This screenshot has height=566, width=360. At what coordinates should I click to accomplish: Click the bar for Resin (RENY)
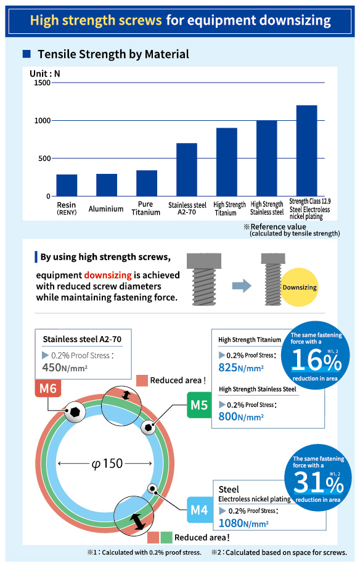(67, 185)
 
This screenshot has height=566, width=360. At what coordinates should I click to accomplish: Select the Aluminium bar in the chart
(107, 185)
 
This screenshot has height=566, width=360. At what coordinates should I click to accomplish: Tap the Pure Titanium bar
(147, 183)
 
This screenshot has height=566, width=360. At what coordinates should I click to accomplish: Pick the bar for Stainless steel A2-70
(187, 170)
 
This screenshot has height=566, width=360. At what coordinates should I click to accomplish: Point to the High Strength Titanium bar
(227, 162)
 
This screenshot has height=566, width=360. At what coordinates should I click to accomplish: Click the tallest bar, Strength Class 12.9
(307, 151)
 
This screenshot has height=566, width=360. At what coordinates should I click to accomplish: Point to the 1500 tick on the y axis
(42, 83)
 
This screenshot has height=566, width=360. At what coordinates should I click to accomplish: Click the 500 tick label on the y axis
(44, 158)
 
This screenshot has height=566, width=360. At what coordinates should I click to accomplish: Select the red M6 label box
(48, 388)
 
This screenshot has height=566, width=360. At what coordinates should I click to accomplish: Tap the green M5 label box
(199, 405)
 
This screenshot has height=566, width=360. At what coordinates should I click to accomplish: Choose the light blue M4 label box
(199, 510)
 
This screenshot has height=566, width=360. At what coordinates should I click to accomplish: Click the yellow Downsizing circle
(300, 287)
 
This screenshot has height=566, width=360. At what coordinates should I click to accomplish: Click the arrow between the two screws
(242, 286)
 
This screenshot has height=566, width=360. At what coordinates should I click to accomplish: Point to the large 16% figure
(316, 360)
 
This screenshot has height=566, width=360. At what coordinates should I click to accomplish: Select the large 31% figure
(318, 482)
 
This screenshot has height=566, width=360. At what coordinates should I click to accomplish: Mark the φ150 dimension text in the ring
(107, 464)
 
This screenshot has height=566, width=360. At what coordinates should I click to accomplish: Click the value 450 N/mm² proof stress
(65, 367)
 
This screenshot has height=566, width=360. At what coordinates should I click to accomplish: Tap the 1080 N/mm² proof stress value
(243, 523)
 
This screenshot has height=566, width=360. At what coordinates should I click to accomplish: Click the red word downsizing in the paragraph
(108, 275)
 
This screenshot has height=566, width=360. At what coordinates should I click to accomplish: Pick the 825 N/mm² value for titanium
(241, 367)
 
